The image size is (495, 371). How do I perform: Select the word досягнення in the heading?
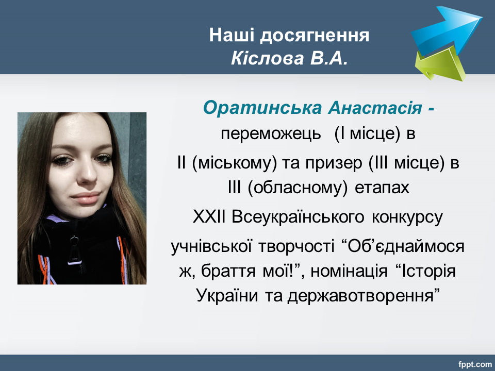pyautogui.click(x=315, y=36)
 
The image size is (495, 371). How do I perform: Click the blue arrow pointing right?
pyautogui.click(x=445, y=29)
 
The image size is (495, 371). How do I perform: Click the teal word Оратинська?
pyautogui.click(x=262, y=108)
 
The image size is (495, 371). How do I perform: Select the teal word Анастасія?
pyautogui.click(x=375, y=108)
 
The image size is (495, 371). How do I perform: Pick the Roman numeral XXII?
pyautogui.click(x=209, y=217)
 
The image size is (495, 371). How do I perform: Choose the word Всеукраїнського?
pyautogui.click(x=298, y=217)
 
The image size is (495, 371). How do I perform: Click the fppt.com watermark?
pyautogui.click(x=475, y=364)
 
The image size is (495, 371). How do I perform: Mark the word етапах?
pyautogui.click(x=382, y=188)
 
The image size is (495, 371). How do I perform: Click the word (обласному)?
pyautogui.click(x=298, y=188)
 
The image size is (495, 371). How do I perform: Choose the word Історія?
pyautogui.click(x=428, y=271)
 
